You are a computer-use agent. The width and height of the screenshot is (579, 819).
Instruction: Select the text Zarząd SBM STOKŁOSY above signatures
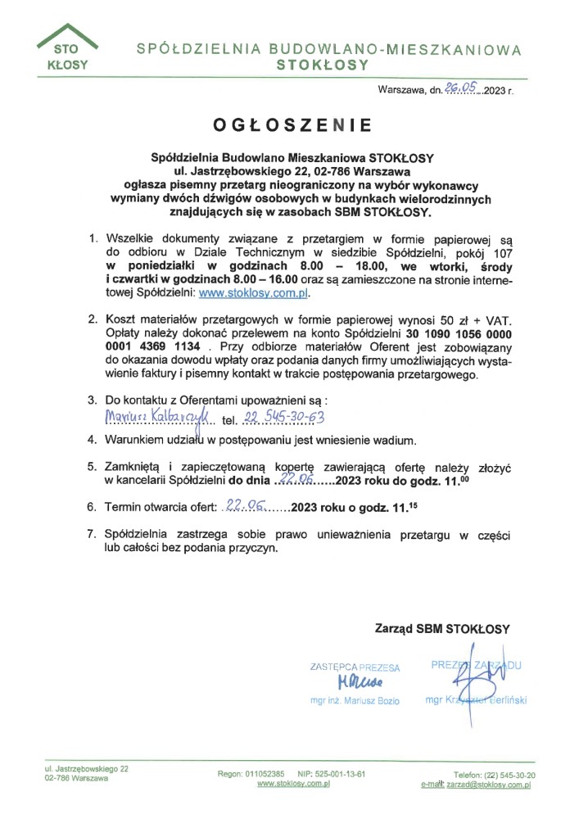coord(442,629)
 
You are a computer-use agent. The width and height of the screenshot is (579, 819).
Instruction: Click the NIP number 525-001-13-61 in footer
coord(332,773)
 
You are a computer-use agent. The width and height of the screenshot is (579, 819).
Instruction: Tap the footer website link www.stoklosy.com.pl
coord(293,784)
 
